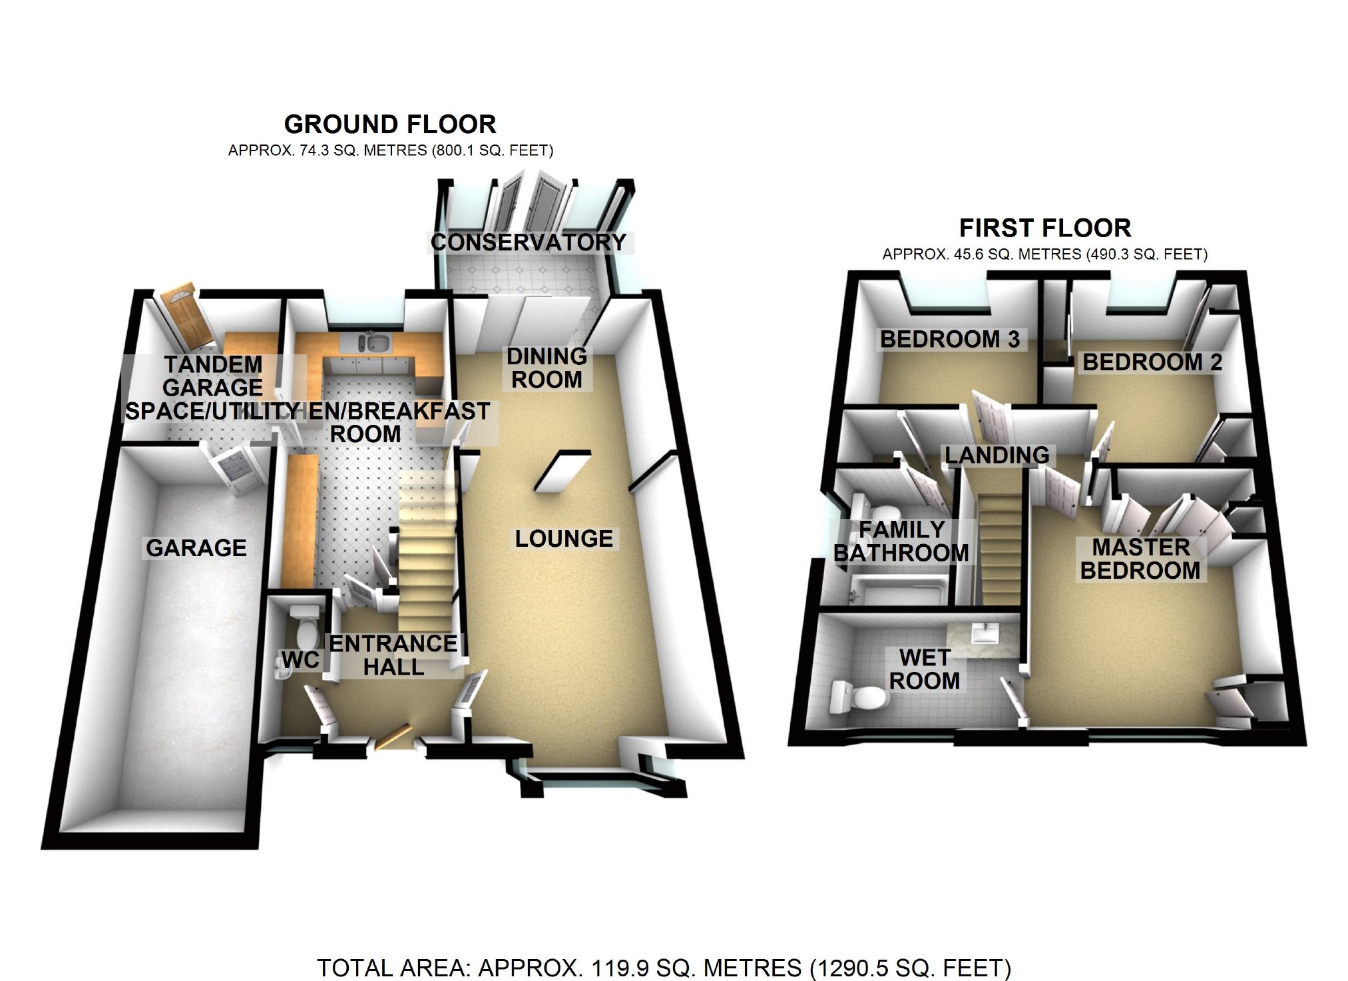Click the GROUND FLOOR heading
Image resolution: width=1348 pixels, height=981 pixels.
(x=390, y=125)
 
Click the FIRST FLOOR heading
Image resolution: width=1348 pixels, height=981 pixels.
(x=1044, y=228)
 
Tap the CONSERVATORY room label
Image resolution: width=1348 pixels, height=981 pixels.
(x=529, y=242)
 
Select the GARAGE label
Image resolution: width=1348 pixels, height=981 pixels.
(x=196, y=548)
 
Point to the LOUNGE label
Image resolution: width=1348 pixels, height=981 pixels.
(x=564, y=539)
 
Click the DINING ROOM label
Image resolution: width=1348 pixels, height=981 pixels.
(x=547, y=368)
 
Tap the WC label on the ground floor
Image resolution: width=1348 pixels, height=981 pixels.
(x=300, y=660)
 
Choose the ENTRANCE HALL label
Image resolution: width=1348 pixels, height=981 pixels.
(x=393, y=655)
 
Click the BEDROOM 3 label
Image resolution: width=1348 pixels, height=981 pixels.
(x=950, y=340)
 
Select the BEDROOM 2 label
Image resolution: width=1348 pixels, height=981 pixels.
(x=1152, y=362)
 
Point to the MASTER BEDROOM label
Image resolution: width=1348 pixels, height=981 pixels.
(x=1140, y=559)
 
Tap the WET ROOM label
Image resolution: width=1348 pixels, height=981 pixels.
(x=925, y=669)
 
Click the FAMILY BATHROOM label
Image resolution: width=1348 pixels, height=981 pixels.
(x=901, y=541)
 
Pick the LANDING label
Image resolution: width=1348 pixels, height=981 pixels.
(x=997, y=456)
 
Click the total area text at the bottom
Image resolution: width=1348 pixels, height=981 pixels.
(x=664, y=968)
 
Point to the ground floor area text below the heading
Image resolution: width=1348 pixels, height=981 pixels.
(x=391, y=151)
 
